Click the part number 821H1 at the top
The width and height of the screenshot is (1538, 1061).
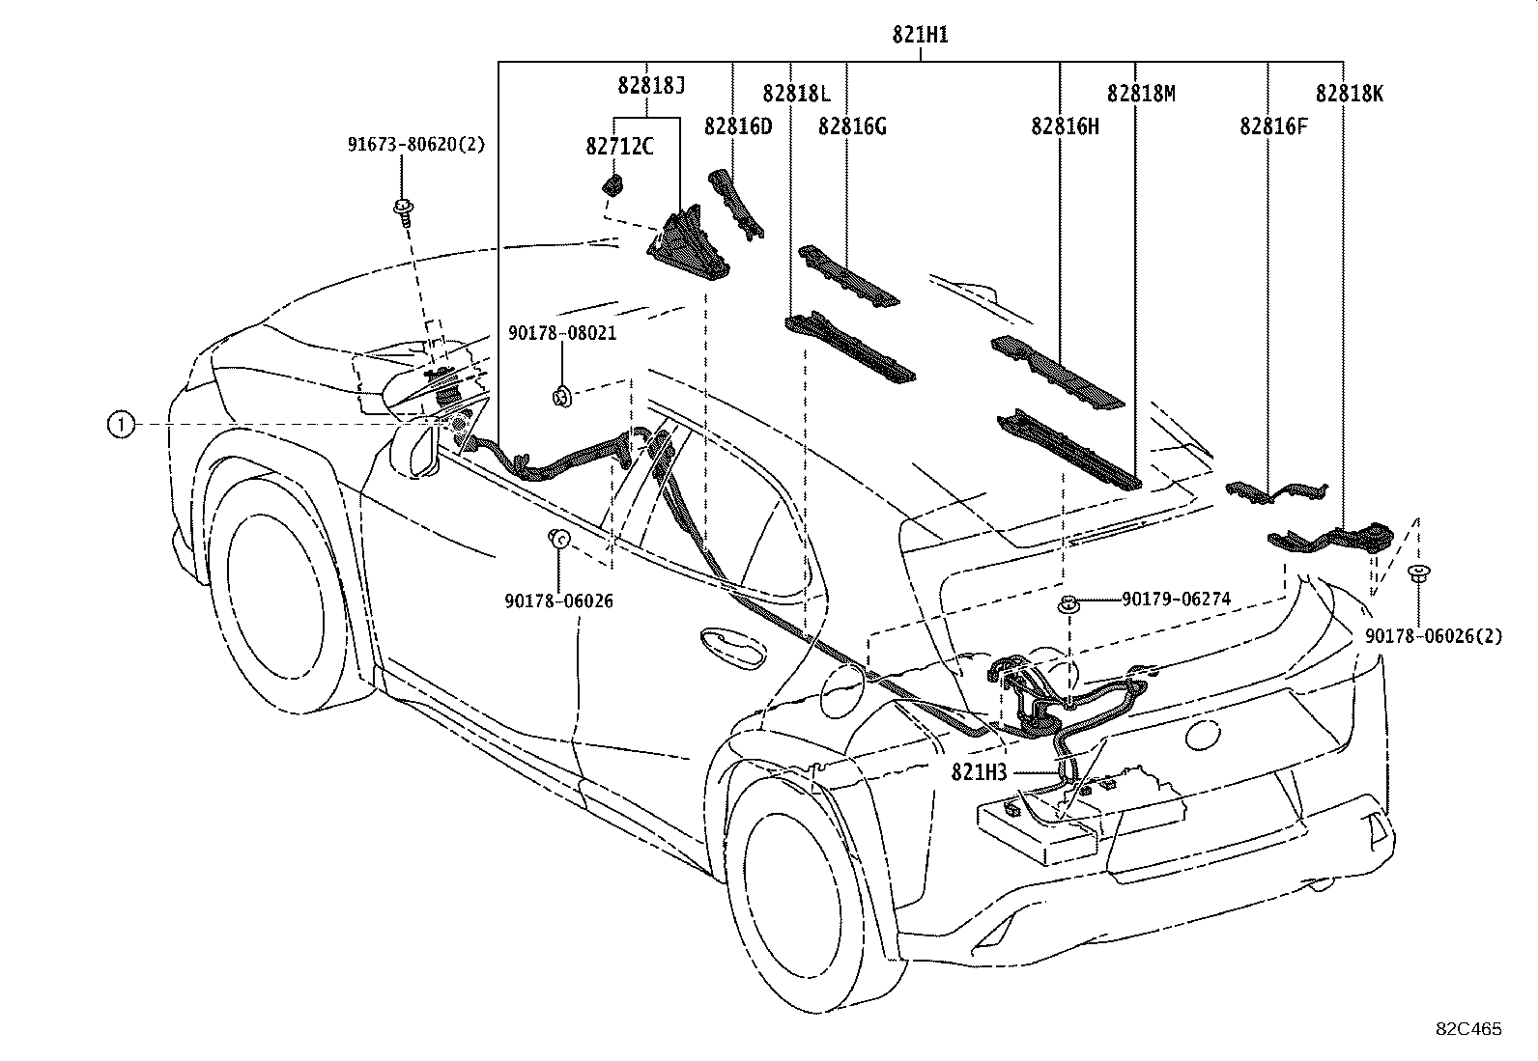coord(920,35)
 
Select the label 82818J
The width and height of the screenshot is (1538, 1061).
coord(651,85)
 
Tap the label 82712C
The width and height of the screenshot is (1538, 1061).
coord(619,146)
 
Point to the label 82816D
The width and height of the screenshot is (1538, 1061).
coord(738,126)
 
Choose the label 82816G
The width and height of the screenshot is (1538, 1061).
coord(852,126)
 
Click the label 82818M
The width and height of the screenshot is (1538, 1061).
coord(1141,94)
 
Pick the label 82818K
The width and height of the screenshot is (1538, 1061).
coord(1350,94)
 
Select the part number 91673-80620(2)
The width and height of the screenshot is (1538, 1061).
coord(416,145)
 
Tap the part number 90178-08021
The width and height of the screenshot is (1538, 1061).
coord(562,333)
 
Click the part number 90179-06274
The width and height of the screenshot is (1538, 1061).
coord(1176,600)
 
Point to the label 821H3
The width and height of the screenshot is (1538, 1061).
coord(979,772)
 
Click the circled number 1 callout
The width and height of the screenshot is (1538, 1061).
coord(121,425)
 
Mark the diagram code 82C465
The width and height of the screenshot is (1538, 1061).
coord(1468,1029)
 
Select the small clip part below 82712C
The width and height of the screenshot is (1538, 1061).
coord(612,184)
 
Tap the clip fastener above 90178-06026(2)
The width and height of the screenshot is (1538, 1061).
coord(1418,573)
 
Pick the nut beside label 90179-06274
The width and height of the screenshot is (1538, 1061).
coord(1067,605)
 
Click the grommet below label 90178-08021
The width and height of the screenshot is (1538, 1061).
coord(561,397)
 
